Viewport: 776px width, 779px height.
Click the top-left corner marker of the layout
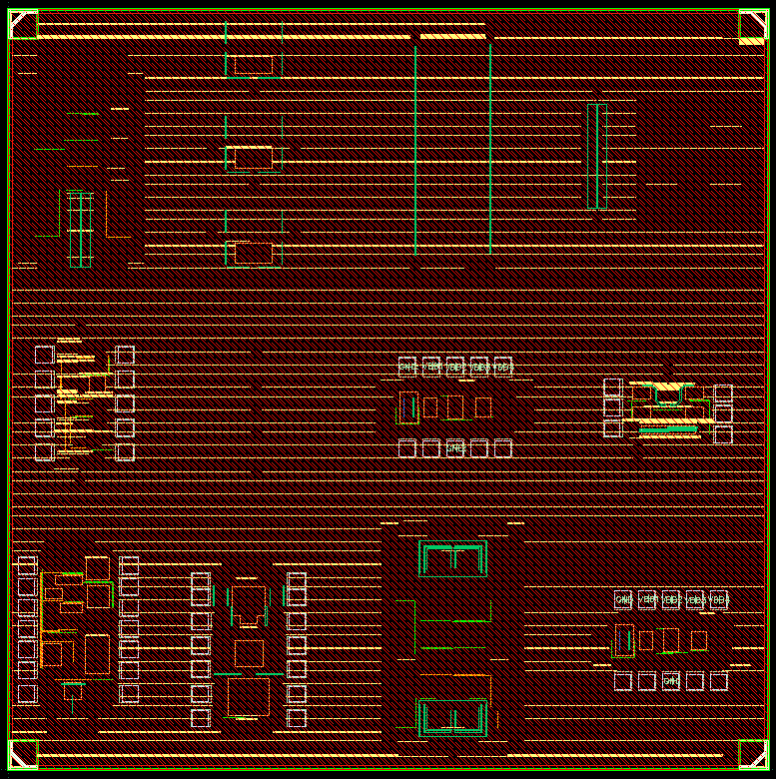pyautogui.click(x=22, y=24)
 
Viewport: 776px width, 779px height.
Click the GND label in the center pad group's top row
pyautogui.click(x=406, y=367)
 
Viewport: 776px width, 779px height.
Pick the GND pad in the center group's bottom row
pyautogui.click(x=455, y=448)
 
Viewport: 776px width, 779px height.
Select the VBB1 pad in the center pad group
pyautogui.click(x=431, y=367)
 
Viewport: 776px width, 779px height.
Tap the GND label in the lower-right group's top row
pyautogui.click(x=623, y=600)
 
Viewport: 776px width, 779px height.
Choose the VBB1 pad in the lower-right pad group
pyautogui.click(x=647, y=600)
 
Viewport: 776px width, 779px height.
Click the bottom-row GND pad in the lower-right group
pyautogui.click(x=671, y=681)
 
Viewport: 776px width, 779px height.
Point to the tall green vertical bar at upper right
pyautogui.click(x=597, y=156)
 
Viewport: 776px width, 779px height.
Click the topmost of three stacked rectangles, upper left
pyautogui.click(x=250, y=66)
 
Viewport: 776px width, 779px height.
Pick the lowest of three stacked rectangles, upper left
pyautogui.click(x=250, y=253)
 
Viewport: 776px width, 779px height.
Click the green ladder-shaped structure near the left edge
pyautogui.click(x=80, y=228)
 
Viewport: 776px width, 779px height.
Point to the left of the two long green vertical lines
pyautogui.click(x=416, y=150)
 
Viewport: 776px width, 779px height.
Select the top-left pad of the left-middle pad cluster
pyautogui.click(x=44, y=355)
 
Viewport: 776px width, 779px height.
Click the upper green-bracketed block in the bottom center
pyautogui.click(x=453, y=560)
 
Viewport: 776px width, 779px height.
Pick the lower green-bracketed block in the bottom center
pyautogui.click(x=453, y=718)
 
